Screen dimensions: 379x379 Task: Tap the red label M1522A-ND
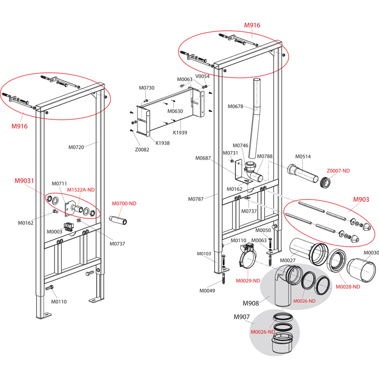point(81,189)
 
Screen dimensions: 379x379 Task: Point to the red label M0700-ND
point(124,203)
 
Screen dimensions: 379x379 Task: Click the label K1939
point(180,133)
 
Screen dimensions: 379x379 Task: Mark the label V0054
point(203,76)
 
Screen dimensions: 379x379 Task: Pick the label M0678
point(235,106)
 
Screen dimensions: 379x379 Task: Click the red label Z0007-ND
point(338,170)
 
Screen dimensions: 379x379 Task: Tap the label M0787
point(197,199)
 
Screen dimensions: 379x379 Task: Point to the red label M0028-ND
point(348,287)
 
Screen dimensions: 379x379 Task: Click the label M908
point(251,303)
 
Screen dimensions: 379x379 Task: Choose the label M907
point(241,317)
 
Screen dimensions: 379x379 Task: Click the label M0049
point(207,290)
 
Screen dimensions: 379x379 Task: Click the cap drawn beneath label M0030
point(362,271)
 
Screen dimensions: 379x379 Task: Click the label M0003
point(54,232)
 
